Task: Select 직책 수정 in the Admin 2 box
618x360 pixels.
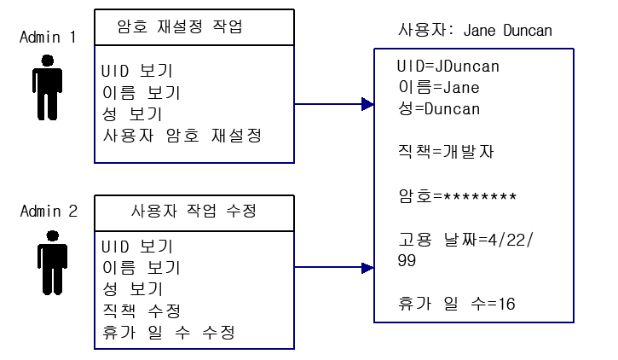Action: coord(141,308)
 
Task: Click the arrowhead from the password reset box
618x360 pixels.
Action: coord(367,105)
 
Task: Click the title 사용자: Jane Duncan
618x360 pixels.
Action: coord(475,31)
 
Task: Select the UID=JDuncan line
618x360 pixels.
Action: coord(448,67)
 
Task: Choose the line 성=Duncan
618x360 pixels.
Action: coord(438,108)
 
